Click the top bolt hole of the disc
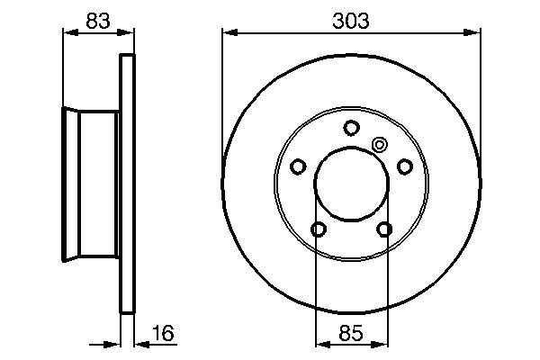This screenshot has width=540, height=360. coord(351,127)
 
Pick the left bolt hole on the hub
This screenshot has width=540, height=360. coord(298,166)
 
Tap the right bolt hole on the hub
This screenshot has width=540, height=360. coord(405,166)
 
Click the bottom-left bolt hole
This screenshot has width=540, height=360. coord(318,230)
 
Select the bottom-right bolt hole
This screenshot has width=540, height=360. coord(385,230)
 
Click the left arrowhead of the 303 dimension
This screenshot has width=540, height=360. coord(228,33)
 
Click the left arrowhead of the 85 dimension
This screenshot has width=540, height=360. coord(320,341)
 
